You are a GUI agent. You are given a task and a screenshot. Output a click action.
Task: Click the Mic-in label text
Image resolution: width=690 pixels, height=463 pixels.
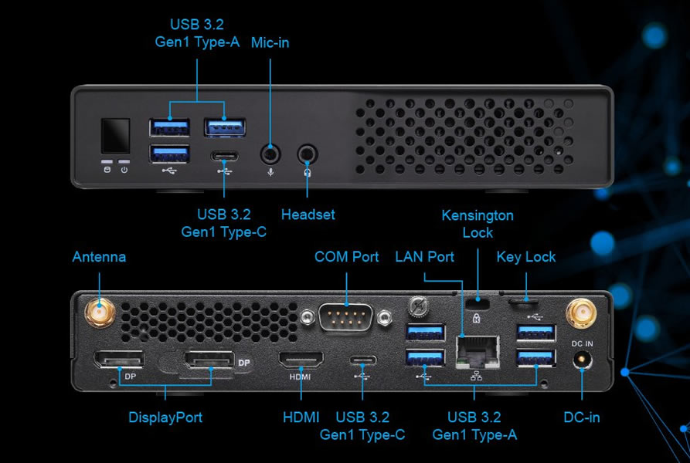270,42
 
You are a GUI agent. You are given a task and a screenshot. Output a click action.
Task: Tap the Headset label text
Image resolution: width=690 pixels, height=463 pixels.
308,214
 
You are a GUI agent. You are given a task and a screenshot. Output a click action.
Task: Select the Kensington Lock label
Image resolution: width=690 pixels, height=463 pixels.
478,224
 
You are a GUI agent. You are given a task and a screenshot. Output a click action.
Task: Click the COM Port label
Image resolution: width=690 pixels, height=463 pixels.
347,256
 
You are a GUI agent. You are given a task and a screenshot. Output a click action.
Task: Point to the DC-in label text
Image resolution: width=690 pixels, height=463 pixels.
582,417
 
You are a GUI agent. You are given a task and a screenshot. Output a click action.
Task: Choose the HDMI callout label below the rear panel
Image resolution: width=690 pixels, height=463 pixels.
301,417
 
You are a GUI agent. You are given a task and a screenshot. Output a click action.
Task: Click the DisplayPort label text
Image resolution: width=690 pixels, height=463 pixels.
165,417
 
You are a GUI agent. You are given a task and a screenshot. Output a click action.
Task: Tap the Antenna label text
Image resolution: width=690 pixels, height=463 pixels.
99,256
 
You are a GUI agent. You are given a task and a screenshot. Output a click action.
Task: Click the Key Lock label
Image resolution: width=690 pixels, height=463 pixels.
526,256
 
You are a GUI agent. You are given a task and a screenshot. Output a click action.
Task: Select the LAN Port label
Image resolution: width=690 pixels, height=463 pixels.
424,256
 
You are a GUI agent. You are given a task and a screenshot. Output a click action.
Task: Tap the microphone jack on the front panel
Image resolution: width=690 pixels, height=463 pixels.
270,153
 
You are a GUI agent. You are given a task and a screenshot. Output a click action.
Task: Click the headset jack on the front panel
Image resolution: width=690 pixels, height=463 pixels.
308,153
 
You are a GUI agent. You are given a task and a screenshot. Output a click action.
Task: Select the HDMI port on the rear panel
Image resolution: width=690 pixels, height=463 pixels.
300,360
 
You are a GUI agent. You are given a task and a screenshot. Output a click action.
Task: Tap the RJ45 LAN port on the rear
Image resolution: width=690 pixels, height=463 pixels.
478,352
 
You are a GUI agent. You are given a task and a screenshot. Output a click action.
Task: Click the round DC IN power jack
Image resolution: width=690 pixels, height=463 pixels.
581,360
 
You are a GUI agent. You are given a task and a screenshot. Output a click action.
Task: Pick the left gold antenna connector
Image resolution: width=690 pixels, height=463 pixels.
100,313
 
